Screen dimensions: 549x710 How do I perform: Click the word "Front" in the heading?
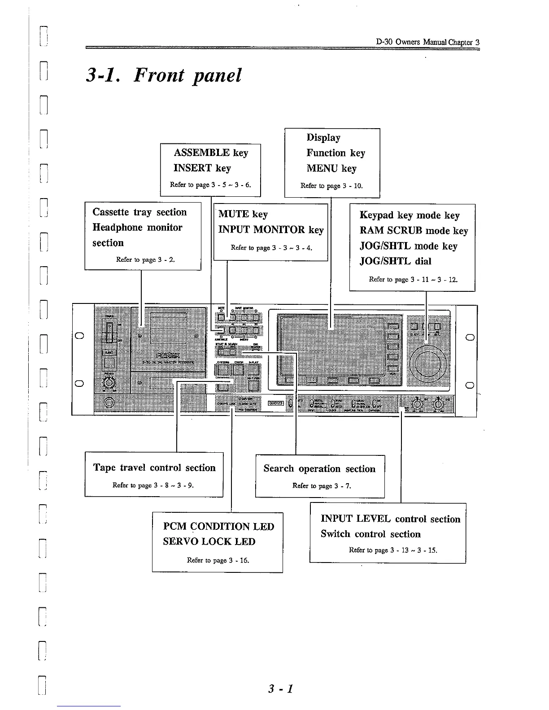(159, 75)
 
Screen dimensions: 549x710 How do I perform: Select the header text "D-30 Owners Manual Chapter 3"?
(427, 42)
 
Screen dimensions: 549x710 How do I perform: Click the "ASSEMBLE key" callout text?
(211, 153)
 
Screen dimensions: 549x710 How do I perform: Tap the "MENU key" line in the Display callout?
(331, 169)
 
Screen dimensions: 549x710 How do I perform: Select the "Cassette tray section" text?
(139, 212)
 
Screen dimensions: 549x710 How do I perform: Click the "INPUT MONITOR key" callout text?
(271, 230)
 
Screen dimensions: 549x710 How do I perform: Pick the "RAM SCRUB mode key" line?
(414, 231)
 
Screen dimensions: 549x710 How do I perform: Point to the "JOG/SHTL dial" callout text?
(395, 261)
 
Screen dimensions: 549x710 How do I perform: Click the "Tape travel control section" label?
(154, 468)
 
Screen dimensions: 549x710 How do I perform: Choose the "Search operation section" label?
(319, 469)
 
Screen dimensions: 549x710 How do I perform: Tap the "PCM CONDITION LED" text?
(218, 527)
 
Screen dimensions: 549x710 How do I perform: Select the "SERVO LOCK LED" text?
(209, 541)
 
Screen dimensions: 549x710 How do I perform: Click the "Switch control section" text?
(370, 534)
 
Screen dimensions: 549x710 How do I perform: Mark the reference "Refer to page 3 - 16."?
(218, 560)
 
